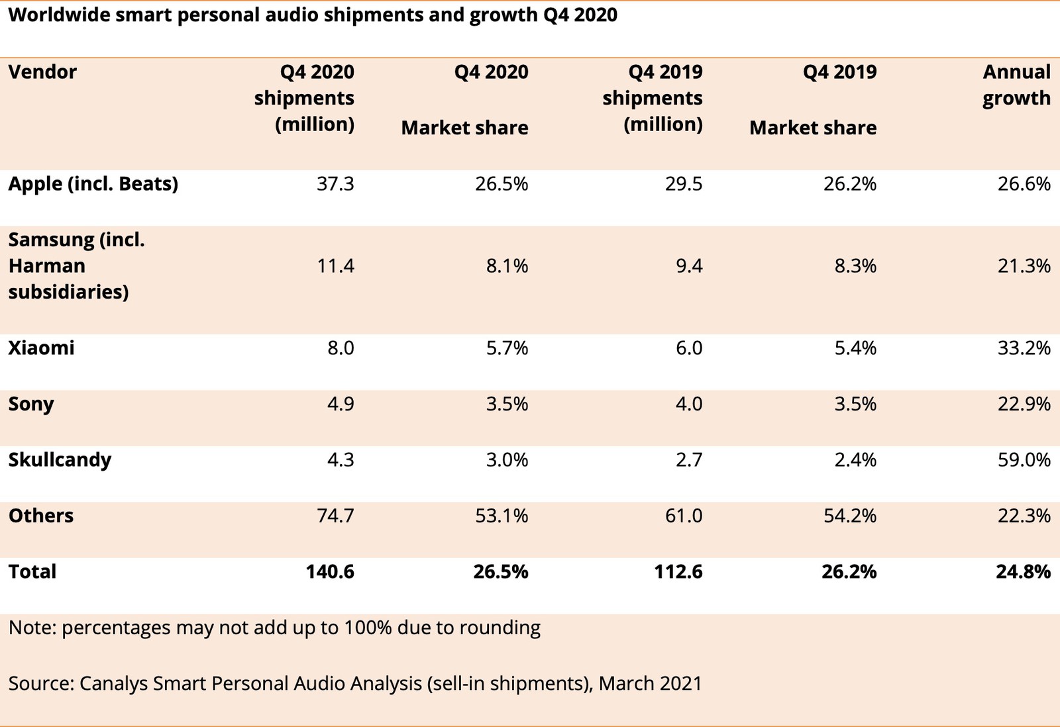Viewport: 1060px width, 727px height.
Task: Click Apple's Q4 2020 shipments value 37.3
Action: pyautogui.click(x=335, y=184)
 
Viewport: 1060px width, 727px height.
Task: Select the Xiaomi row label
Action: pyautogui.click(x=41, y=348)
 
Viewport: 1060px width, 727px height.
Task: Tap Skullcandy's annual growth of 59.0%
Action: pyautogui.click(x=1024, y=460)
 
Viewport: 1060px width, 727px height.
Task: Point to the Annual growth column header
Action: pyautogui.click(x=1016, y=85)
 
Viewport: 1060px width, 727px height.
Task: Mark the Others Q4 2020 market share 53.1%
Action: pyautogui.click(x=502, y=516)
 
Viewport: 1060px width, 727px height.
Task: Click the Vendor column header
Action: pyautogui.click(x=42, y=72)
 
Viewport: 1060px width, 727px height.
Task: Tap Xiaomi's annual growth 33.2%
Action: pyautogui.click(x=1024, y=348)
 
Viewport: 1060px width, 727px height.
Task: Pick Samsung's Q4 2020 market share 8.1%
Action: pyautogui.click(x=507, y=266)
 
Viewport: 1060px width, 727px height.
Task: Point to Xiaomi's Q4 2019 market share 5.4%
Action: pyautogui.click(x=855, y=348)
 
